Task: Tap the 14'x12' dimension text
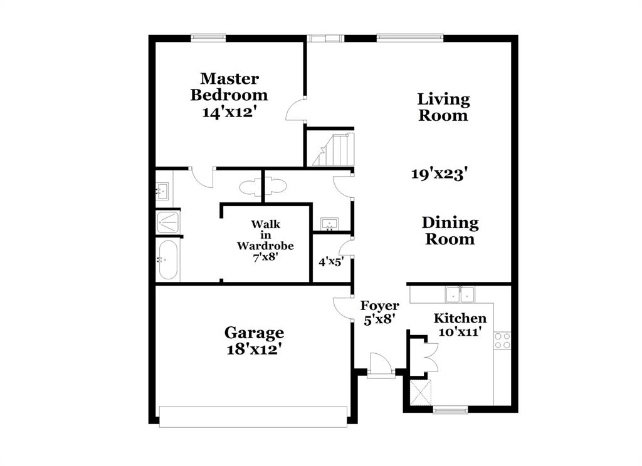[230, 113]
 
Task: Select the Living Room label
[443, 107]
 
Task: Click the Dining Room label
[450, 230]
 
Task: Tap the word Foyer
[379, 306]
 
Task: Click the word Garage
[254, 333]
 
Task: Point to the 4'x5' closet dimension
[330, 262]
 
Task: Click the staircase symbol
[334, 150]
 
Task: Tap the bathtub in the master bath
[168, 259]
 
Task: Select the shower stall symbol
[168, 220]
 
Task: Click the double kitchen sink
[460, 294]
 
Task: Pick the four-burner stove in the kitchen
[502, 340]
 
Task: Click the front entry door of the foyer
[380, 366]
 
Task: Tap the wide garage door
[253, 417]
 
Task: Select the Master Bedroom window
[208, 37]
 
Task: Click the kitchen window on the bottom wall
[450, 410]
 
